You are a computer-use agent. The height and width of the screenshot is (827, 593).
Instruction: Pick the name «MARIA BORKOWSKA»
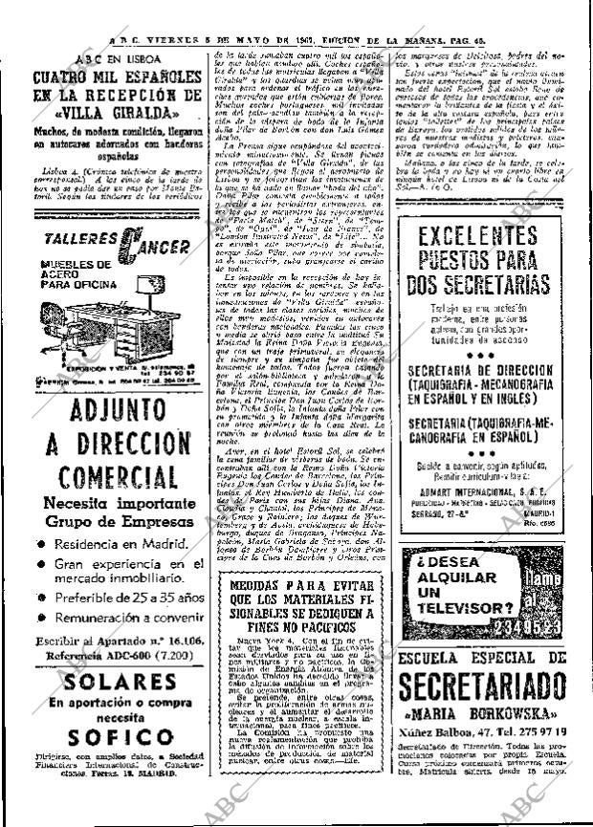click(x=490, y=713)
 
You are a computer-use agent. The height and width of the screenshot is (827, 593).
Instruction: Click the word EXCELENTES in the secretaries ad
click(x=491, y=235)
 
